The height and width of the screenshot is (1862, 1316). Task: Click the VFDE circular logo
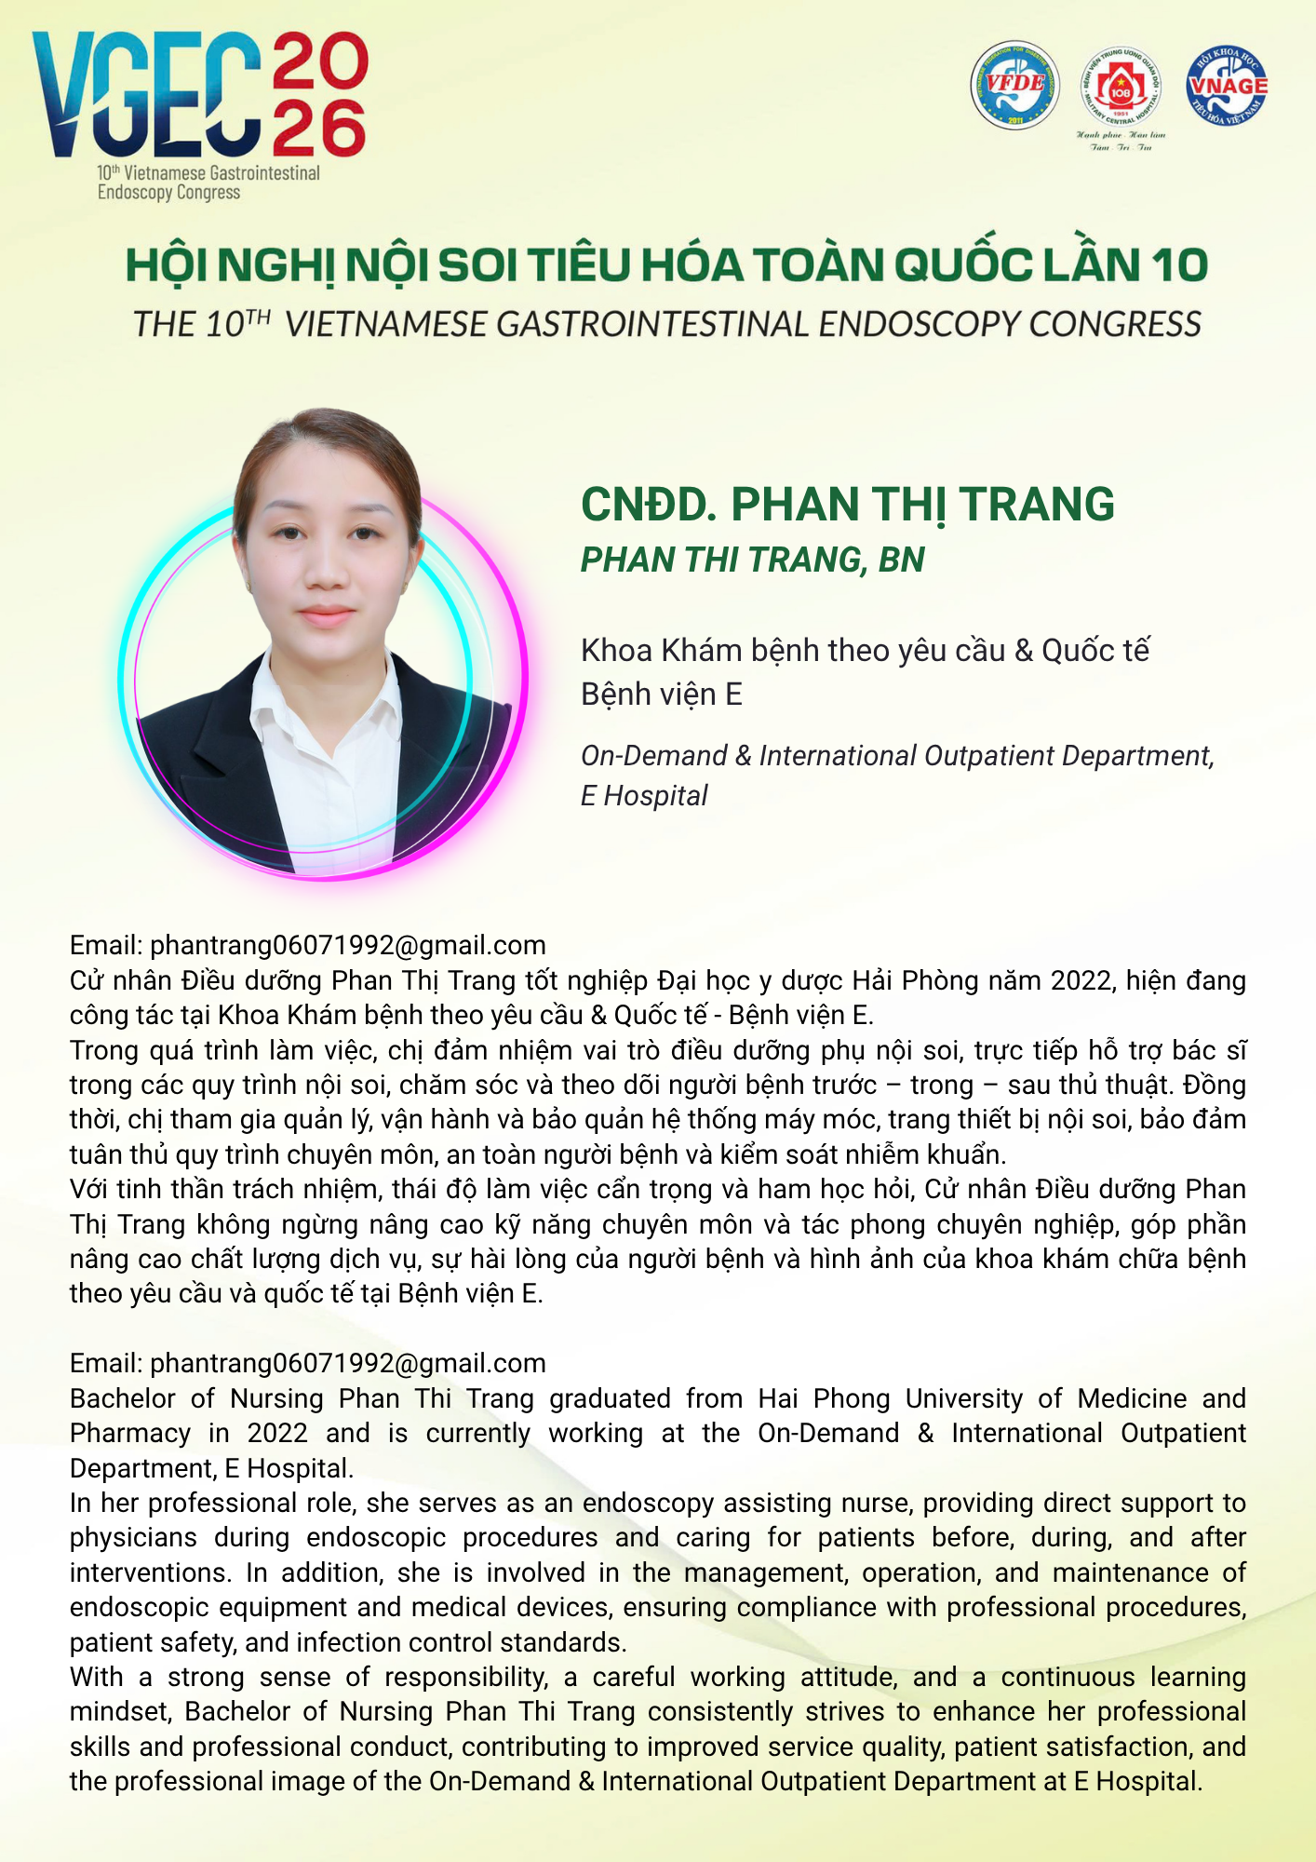pos(1014,85)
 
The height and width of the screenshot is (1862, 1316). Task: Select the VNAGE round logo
pos(1227,86)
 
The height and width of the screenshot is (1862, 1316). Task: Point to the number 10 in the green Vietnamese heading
pos(1178,266)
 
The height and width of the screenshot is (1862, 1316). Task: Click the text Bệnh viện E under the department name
pos(661,695)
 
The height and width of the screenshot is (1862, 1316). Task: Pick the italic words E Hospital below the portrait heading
pos(644,796)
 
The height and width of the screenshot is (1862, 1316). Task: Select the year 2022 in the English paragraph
pos(277,1434)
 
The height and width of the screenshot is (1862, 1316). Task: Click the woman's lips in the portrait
pos(327,616)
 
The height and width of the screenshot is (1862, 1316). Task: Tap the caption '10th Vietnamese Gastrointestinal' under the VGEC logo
pos(209,173)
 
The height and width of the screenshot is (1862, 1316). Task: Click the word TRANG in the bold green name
pos(1036,505)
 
